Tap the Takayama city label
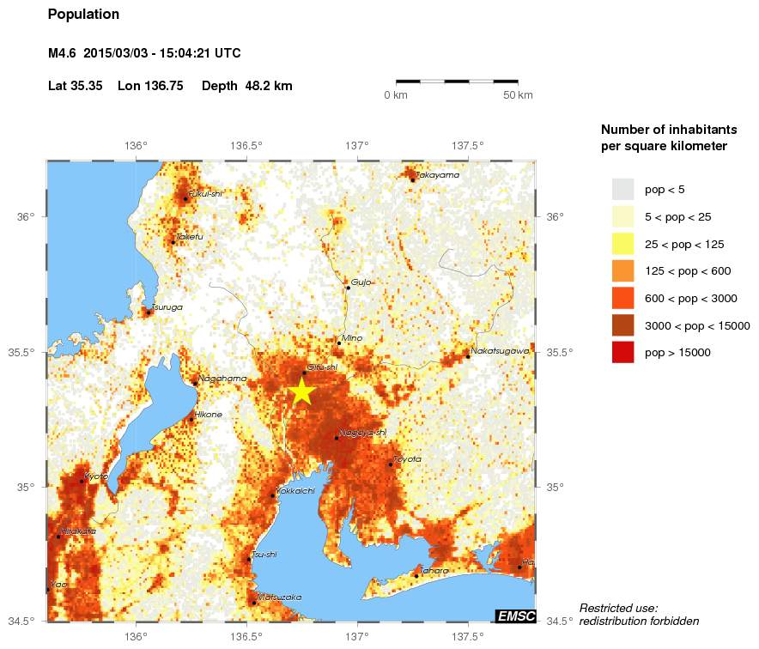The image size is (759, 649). [x=438, y=175]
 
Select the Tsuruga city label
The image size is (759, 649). [x=167, y=307]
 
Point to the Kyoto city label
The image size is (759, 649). [x=96, y=476]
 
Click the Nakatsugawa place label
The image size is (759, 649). [x=499, y=350]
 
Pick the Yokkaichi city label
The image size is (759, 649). [x=294, y=490]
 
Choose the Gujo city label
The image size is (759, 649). [x=361, y=282]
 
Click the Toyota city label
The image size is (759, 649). [x=408, y=459]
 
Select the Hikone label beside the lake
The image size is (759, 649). [x=209, y=414]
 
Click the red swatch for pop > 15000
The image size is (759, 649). [x=622, y=352]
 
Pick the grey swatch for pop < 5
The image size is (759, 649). [x=622, y=189]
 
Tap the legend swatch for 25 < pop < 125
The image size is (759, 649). [x=622, y=244]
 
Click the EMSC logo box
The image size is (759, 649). [x=516, y=616]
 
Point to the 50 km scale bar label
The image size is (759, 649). [x=518, y=94]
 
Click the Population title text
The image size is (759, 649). [x=84, y=15]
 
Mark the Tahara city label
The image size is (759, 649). [x=434, y=571]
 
